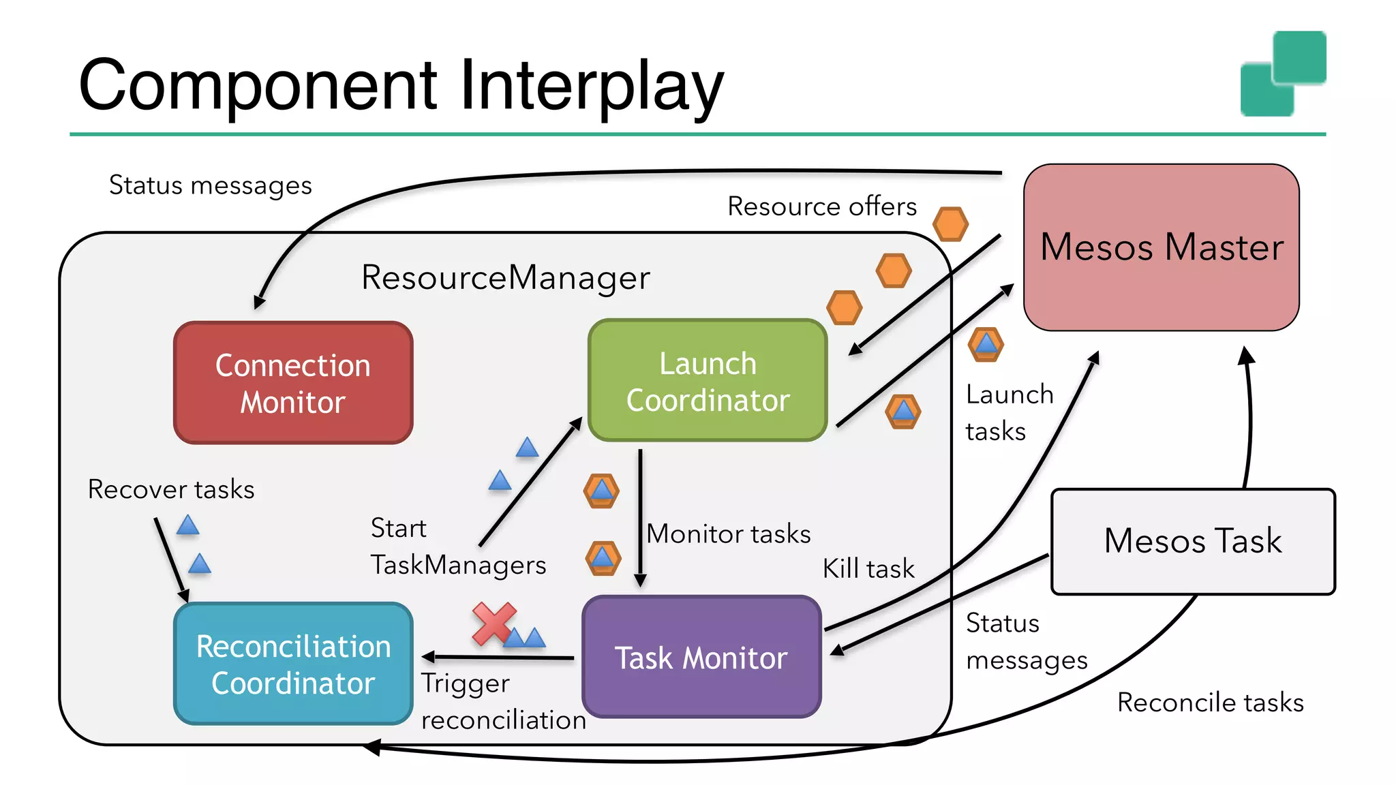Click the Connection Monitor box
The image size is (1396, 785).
(293, 383)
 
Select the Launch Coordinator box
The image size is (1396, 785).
(708, 381)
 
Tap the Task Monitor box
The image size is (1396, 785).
(701, 658)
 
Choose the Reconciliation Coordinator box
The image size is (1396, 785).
(293, 664)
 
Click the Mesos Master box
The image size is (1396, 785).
(1162, 247)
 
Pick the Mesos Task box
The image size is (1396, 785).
(1193, 541)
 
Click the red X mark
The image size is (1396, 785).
(493, 623)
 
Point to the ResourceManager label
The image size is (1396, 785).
(505, 277)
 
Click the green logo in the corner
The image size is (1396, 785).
(1283, 74)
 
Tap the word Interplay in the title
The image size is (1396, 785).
(591, 86)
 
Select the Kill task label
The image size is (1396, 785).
(868, 568)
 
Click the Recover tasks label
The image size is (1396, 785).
(171, 489)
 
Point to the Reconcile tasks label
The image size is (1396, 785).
(1210, 703)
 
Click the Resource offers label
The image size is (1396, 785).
(821, 206)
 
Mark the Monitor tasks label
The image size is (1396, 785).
(728, 534)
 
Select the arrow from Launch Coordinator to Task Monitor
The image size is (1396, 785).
(640, 518)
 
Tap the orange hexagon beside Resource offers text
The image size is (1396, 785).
(950, 224)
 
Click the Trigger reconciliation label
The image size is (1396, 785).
(502, 701)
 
